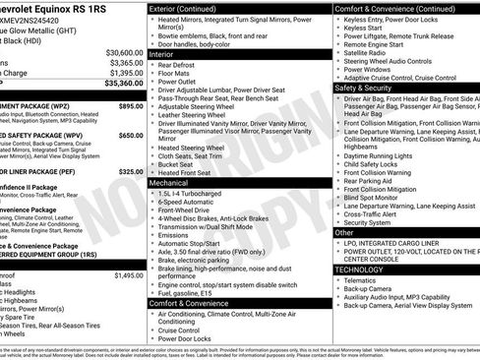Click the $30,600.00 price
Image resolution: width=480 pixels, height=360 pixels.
click(123, 51)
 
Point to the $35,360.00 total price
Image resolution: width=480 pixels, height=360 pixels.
click(122, 84)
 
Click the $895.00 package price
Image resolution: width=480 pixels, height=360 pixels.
click(130, 105)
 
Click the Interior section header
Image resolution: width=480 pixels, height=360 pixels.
click(162, 55)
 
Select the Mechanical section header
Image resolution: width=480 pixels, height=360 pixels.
click(170, 182)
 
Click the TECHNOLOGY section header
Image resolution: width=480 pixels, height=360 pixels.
click(359, 269)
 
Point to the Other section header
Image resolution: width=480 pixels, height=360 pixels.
click(345, 233)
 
